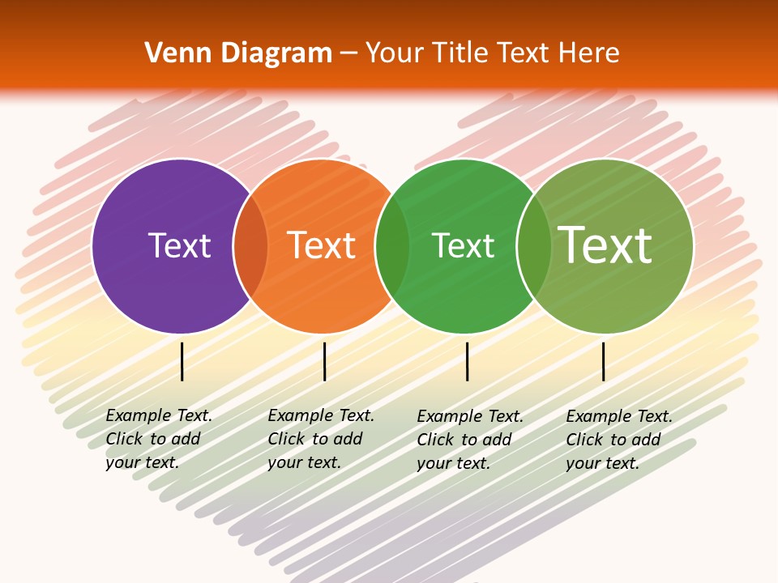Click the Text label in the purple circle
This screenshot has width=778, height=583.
coord(179,245)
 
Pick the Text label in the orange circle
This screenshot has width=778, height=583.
coord(322,245)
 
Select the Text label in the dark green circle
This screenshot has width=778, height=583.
coord(463,245)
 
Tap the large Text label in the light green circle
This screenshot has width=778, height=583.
coord(605,245)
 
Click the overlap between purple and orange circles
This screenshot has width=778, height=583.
coord(250,245)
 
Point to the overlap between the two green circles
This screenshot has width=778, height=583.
coord(532,245)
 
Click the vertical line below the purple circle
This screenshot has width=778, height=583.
coord(182,361)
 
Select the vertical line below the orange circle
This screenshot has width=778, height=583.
coord(324,361)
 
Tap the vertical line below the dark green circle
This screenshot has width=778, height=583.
coord(468,361)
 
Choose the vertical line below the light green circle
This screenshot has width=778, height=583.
coord(604,361)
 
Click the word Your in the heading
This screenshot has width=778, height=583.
coord(396,53)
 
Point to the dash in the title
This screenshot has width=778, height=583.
coord(348,54)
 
